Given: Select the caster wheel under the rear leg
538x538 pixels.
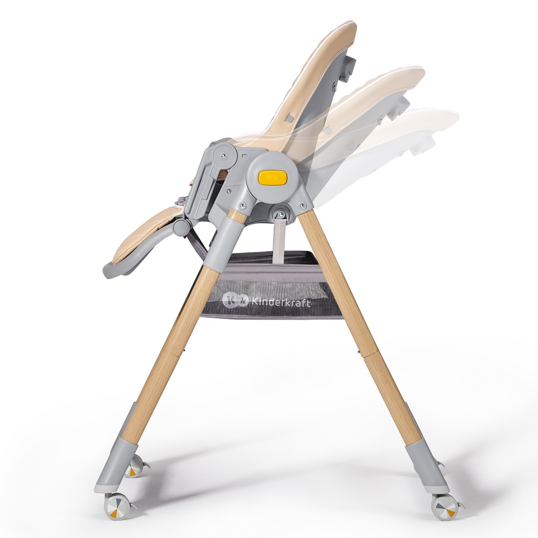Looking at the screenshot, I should [444, 508].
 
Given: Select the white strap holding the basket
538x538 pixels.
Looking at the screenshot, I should [280, 239].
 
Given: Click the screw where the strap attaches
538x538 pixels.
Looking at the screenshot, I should [282, 214].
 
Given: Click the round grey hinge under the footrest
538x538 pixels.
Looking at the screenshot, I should [181, 227].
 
